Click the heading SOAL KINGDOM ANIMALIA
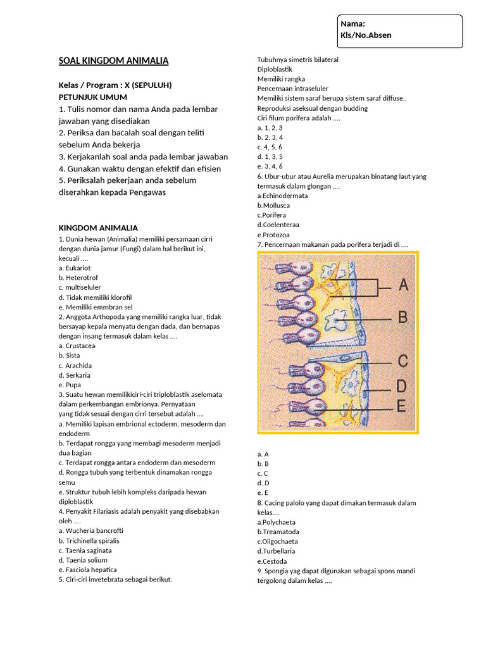pyautogui.click(x=113, y=61)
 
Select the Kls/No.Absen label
pyautogui.click(x=366, y=35)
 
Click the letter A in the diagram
pyautogui.click(x=402, y=285)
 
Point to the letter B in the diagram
pyautogui.click(x=402, y=317)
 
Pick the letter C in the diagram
pyautogui.click(x=402, y=362)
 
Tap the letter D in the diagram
pyautogui.click(x=402, y=385)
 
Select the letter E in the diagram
pyautogui.click(x=401, y=406)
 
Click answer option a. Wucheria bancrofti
pyautogui.click(x=90, y=531)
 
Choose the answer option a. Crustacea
pyautogui.click(x=77, y=346)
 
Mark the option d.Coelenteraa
pyautogui.click(x=278, y=225)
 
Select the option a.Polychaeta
pyautogui.click(x=277, y=522)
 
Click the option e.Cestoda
pyautogui.click(x=272, y=561)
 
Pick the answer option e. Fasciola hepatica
pyautogui.click(x=88, y=570)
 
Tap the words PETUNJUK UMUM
pyautogui.click(x=93, y=97)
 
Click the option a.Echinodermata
pyautogui.click(x=283, y=196)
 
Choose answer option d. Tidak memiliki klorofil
pyautogui.click(x=95, y=297)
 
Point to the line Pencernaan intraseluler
pyautogui.click(x=293, y=89)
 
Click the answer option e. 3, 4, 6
pyautogui.click(x=270, y=166)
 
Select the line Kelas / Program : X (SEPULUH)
pyautogui.click(x=115, y=85)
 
